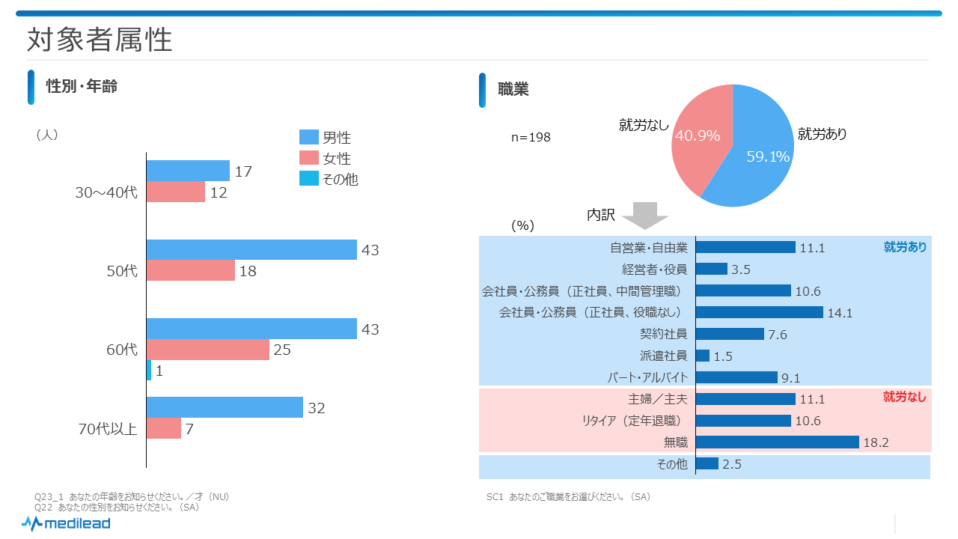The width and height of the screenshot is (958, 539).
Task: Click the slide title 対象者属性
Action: coord(100,40)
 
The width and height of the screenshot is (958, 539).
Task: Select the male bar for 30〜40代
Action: coord(188,171)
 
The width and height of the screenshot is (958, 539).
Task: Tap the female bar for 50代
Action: coord(190,271)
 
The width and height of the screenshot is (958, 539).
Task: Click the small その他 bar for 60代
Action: coord(149,371)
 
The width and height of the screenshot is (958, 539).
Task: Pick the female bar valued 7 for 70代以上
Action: coord(163,428)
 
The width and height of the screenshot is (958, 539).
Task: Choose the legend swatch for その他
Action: coord(309,179)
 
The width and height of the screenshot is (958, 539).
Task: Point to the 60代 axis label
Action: coord(123,350)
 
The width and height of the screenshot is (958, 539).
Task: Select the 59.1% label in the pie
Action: coord(768,156)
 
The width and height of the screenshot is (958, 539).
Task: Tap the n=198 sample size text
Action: coord(531,138)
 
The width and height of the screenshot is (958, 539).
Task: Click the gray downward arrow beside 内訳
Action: coord(644,216)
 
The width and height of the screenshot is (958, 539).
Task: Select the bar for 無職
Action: coord(777,442)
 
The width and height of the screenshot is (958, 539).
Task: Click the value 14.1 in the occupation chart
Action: coord(840,313)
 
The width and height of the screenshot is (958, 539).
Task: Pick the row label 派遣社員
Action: coord(663,356)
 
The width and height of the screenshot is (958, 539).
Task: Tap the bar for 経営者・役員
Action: coord(711,269)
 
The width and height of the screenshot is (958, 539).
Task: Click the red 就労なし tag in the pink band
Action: coord(904,398)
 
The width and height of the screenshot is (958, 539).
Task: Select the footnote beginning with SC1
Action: coord(568,497)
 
